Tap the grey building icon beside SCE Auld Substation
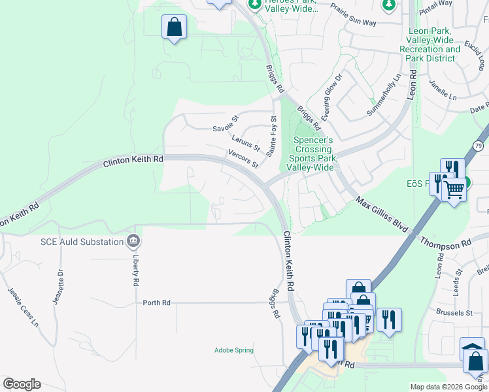point(134,242)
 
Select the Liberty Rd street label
point(136,274)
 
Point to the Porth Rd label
point(157,302)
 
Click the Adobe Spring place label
point(233,350)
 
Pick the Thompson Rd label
point(446,242)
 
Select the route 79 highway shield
point(479,145)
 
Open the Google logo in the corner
point(22,384)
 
